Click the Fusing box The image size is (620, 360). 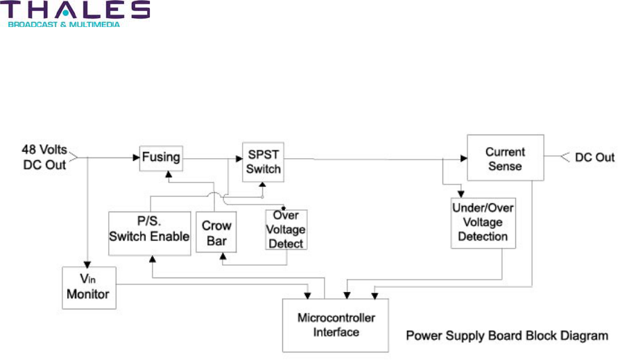click(x=160, y=157)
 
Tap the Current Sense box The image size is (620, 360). click(x=504, y=159)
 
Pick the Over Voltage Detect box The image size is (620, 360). click(x=286, y=230)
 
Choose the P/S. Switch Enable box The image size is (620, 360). click(x=149, y=229)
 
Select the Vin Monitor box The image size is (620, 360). click(x=88, y=287)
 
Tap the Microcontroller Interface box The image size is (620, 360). click(x=336, y=325)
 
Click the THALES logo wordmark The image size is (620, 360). click(x=77, y=10)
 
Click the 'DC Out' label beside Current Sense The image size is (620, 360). click(x=594, y=157)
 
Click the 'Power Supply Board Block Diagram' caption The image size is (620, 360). click(x=507, y=336)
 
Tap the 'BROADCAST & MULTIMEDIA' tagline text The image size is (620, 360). click(x=64, y=24)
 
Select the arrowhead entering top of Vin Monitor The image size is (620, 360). click(x=87, y=263)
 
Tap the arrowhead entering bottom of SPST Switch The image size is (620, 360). click(x=262, y=185)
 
